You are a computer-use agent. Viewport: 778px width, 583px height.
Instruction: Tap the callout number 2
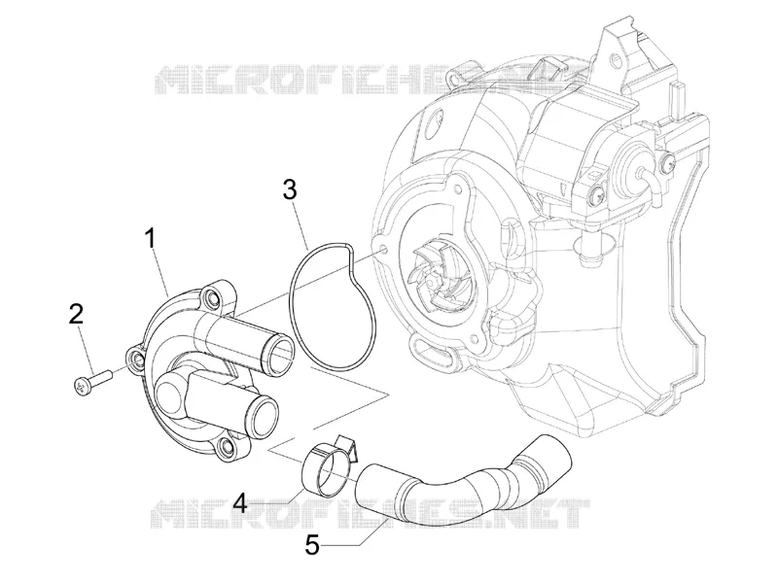click(76, 313)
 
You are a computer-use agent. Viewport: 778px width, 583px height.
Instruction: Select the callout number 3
click(290, 189)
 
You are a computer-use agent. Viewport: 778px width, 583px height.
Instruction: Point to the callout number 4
click(240, 503)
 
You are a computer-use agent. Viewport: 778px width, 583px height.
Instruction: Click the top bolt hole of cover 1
click(211, 299)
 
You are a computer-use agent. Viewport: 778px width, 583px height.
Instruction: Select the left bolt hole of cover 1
click(136, 360)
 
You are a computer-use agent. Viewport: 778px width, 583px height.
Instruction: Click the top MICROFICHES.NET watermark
click(374, 80)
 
